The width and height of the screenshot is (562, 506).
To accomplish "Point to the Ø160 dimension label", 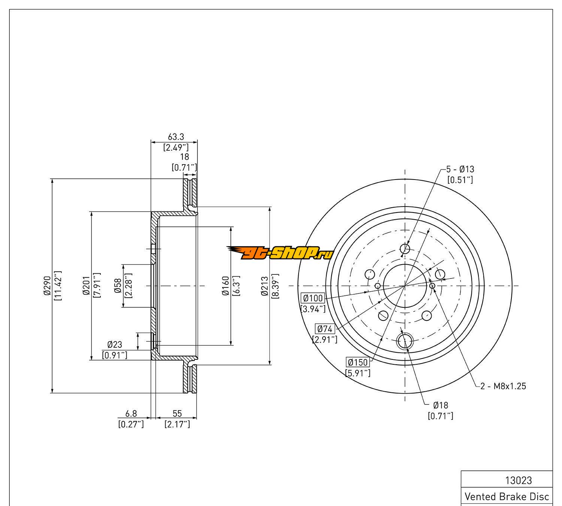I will pos(226,286).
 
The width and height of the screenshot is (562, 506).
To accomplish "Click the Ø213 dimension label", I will pos(265,286).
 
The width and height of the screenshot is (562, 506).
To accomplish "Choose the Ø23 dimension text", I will pos(115,344).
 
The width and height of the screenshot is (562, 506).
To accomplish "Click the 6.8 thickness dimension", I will pos(131,414).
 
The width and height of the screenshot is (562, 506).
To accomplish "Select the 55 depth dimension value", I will pos(177,414).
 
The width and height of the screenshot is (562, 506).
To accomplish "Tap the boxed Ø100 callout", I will pos(313,298).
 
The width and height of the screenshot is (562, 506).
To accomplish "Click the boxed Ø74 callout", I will pos(325,329).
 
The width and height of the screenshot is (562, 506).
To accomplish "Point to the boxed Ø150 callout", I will pos(358,362).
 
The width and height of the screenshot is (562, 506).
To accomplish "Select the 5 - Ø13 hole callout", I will pos(460,169).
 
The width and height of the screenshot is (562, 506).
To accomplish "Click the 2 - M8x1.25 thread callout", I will pos(503,386).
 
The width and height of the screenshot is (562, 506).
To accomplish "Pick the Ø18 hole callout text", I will pos(441,405).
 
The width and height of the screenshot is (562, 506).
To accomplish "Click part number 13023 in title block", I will pos(519,481).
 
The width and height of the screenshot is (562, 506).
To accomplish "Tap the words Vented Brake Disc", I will pos(507,497).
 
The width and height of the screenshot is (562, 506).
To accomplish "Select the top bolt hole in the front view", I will pos(405,249).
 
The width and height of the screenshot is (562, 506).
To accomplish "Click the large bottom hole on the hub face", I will pos(404,341).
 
